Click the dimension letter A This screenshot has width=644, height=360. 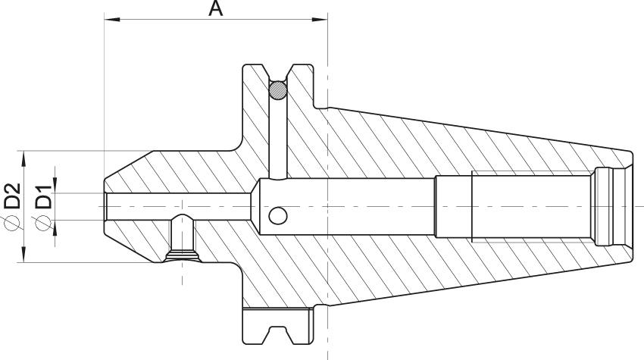(216, 8)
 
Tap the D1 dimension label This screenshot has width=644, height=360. (43, 197)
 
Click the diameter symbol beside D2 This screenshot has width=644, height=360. (12, 222)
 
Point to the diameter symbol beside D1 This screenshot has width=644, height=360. (43, 223)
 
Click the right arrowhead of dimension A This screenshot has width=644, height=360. (320, 19)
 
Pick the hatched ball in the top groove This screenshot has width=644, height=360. (278, 90)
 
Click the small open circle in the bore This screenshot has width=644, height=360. (278, 216)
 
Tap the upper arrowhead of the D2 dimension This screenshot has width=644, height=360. (23, 158)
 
